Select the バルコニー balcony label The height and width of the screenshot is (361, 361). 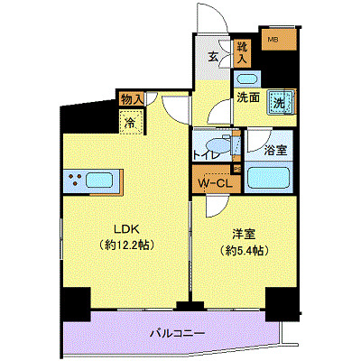pyautogui.click(x=178, y=334)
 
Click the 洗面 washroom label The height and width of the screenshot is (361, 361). pyautogui.click(x=247, y=97)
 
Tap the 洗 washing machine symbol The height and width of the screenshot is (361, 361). pyautogui.click(x=281, y=103)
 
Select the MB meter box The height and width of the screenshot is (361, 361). pyautogui.click(x=272, y=39)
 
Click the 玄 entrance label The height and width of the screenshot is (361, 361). pyautogui.click(x=214, y=58)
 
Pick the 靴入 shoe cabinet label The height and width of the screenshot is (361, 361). pyautogui.click(x=242, y=51)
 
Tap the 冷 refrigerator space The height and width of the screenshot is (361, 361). pyautogui.click(x=130, y=122)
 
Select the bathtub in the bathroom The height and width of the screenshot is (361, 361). pyautogui.click(x=267, y=175)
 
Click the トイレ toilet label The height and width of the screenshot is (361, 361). pyautogui.click(x=206, y=155)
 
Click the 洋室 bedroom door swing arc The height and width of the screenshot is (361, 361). pyautogui.click(x=215, y=208)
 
